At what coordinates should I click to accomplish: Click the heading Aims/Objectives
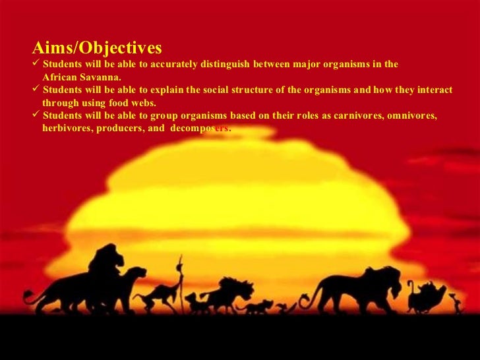point(97,48)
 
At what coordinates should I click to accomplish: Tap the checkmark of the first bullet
point(36,64)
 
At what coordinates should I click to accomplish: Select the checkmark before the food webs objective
point(36,89)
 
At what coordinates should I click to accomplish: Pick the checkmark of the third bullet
point(36,115)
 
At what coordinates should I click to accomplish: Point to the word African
point(60,77)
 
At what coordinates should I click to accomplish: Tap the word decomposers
point(200,128)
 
